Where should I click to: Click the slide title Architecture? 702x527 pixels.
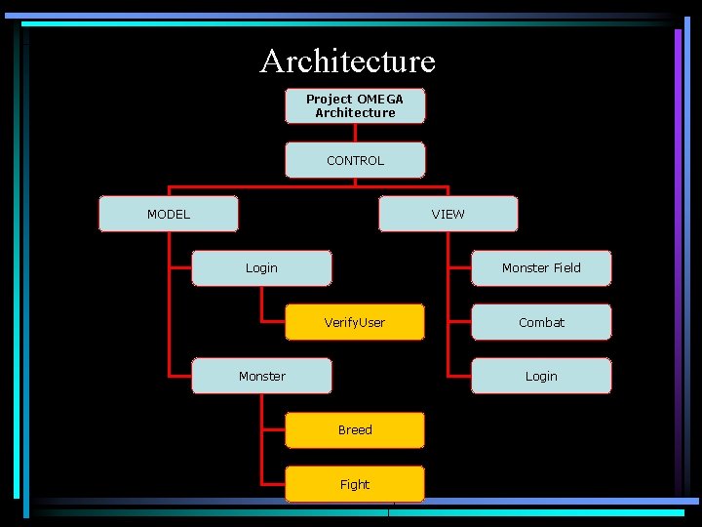pos(348,61)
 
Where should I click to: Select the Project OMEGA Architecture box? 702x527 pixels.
pos(355,105)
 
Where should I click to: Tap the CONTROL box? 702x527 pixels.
pos(355,160)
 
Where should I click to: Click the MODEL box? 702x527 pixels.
pos(169,214)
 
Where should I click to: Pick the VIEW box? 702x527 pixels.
pos(448,214)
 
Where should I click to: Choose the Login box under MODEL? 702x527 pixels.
pos(261,268)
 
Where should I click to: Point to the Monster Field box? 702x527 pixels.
pos(541,268)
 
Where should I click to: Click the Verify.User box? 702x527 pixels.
pos(355,322)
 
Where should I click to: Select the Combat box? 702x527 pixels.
pos(541,322)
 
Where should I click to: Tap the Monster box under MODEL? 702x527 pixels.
pos(261,376)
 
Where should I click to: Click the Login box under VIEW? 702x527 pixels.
pos(541,376)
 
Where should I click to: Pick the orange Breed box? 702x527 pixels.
pos(355,430)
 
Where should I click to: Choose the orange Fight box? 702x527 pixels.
pos(355,484)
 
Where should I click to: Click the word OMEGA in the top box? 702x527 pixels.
pos(380,99)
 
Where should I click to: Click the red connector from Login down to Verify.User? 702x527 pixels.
pos(262,304)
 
